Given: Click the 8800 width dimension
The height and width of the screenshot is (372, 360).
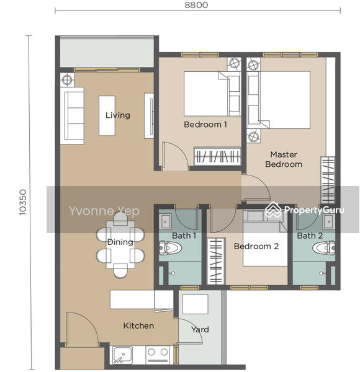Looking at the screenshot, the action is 196,5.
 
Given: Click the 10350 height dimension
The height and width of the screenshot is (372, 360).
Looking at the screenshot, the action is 22,202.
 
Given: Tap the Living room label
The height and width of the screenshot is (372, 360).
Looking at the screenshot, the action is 118,115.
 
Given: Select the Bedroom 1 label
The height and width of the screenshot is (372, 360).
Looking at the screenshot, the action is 205,125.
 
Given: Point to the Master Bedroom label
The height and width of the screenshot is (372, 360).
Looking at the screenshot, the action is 284,159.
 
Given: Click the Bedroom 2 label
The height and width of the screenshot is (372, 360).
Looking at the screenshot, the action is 256,246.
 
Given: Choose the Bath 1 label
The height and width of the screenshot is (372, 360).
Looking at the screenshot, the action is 184,236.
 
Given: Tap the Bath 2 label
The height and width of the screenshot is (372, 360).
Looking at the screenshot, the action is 310,236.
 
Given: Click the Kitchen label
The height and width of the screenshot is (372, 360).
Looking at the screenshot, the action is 138,325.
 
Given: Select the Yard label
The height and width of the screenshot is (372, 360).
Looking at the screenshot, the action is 200,329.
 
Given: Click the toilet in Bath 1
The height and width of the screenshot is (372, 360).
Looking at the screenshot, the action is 170,248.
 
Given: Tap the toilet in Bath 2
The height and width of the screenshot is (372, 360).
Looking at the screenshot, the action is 324,248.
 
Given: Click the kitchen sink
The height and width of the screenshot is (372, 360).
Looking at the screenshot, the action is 122,355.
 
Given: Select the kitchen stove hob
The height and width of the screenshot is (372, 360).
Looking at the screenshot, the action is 158,355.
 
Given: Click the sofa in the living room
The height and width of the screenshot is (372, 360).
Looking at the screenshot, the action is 72,116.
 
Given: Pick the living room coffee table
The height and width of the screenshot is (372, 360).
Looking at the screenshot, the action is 107,116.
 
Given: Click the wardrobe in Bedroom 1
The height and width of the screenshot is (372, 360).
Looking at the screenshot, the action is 217,156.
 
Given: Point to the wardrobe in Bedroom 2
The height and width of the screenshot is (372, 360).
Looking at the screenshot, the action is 216,261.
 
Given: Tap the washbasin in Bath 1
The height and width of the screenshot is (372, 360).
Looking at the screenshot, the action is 165,221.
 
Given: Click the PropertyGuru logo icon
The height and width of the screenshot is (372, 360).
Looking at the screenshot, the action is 272,210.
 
